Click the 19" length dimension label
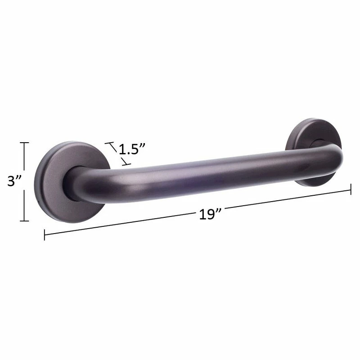(210, 214)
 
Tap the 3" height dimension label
(14, 181)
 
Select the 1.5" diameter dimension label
(132, 149)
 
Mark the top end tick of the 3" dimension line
(24, 143)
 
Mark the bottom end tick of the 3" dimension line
(24, 221)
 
